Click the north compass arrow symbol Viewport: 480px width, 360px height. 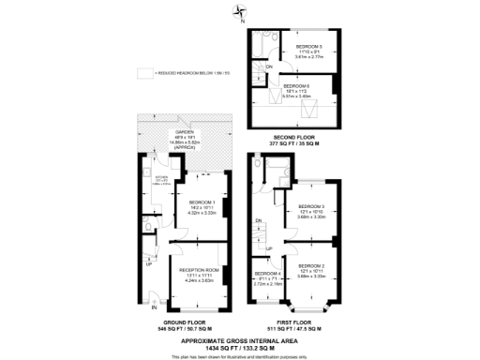pyautogui.click(x=241, y=12)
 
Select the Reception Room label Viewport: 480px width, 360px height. pyautogui.click(x=199, y=270)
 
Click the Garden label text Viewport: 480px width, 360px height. pyautogui.click(x=183, y=134)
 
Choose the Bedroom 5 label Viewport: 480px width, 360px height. pyautogui.click(x=308, y=47)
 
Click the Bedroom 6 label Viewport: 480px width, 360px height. pyautogui.click(x=308, y=86)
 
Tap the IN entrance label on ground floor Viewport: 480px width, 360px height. pyautogui.click(x=154, y=307)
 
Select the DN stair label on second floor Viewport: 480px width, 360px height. pyautogui.click(x=269, y=66)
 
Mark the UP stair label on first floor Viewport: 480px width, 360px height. pyautogui.click(x=269, y=247)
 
